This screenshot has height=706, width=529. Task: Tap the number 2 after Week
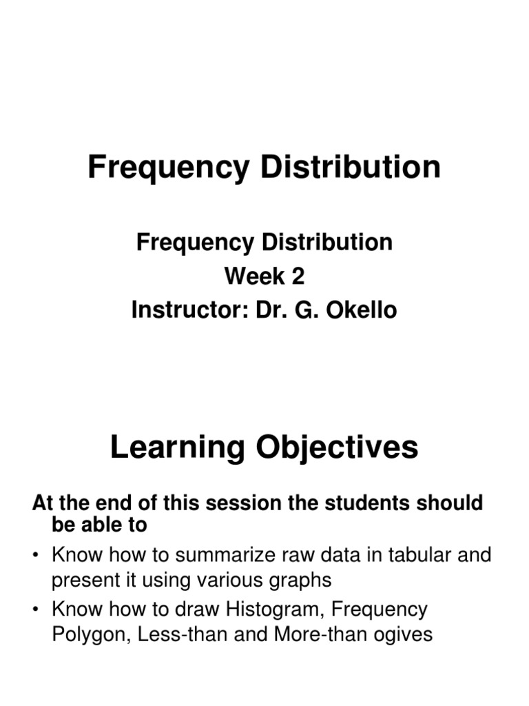click(x=297, y=276)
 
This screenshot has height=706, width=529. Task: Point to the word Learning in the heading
click(x=178, y=449)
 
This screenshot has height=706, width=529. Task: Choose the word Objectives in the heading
click(x=336, y=449)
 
